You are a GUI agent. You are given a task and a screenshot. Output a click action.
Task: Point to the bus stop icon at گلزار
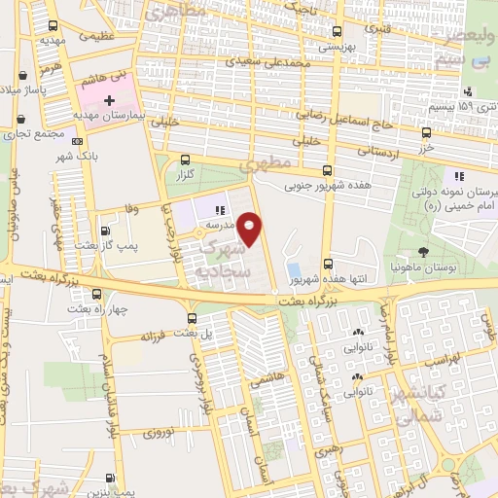[x=185, y=161]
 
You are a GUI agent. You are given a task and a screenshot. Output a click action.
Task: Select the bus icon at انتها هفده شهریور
[x=328, y=264]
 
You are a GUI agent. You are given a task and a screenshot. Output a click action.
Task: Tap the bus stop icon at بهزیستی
[x=337, y=30]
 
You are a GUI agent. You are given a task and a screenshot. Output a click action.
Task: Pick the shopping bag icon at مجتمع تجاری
[x=19, y=121]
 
